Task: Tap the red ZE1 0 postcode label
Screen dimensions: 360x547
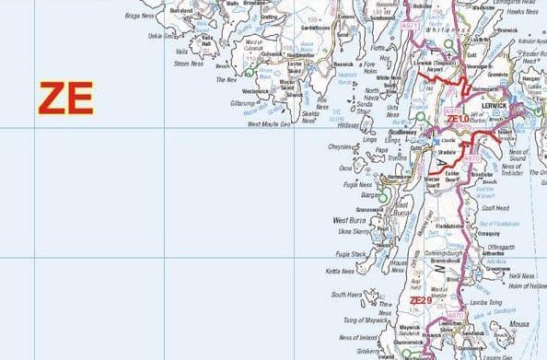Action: [458, 120]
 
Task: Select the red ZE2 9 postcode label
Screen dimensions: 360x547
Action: [420, 300]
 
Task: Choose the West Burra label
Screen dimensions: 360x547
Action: [351, 221]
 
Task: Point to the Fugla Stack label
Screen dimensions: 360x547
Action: [352, 253]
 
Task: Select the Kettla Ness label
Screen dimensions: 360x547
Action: [340, 272]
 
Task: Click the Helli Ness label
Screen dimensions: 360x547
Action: [520, 276]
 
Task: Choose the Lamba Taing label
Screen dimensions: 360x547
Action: [485, 300]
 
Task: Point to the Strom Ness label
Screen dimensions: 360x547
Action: [187, 64]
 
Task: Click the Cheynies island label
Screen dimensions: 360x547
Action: [340, 146]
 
